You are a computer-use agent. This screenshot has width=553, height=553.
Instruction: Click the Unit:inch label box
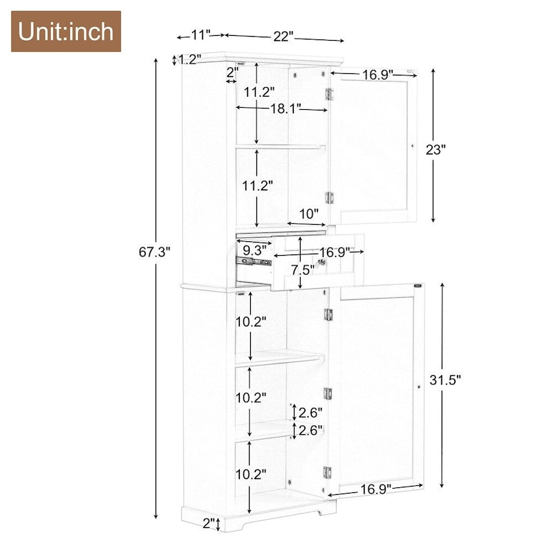tap(66, 31)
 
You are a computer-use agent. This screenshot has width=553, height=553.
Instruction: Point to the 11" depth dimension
tap(201, 34)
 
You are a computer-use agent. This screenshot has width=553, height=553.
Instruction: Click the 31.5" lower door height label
tap(444, 379)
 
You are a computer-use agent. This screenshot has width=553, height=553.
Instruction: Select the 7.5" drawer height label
tap(303, 269)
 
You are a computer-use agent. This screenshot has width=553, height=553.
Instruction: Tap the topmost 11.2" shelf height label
tap(259, 91)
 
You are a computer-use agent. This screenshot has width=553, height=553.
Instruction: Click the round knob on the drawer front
tap(321, 262)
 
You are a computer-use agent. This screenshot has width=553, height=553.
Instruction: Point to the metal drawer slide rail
tap(252, 262)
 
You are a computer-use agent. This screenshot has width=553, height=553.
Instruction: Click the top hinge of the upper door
tap(330, 93)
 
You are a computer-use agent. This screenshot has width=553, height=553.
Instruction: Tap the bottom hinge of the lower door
tap(328, 474)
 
